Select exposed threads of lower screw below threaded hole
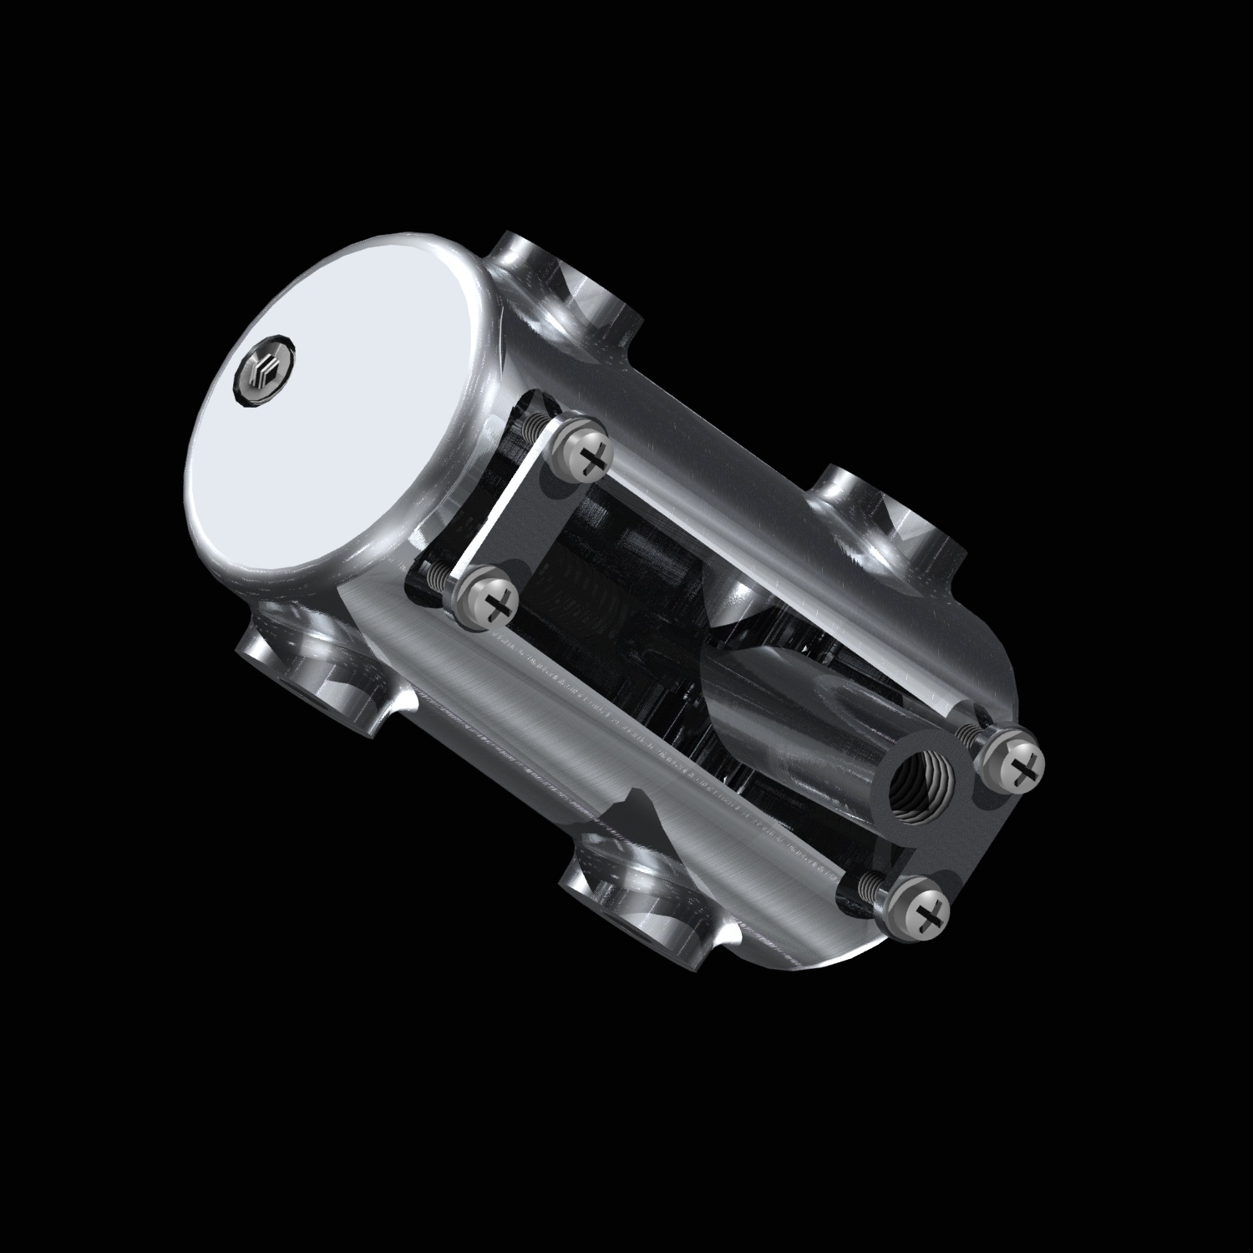coord(869,885)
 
